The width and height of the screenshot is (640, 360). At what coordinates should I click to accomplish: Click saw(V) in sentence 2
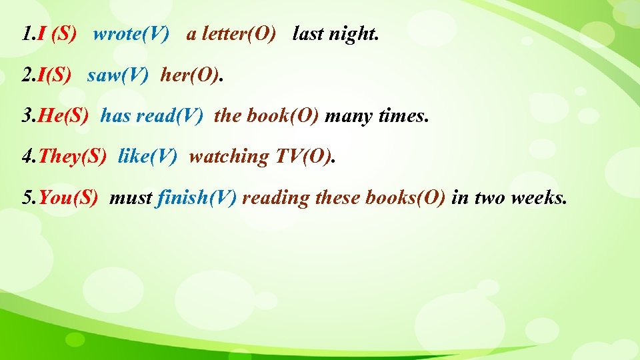pyautogui.click(x=117, y=75)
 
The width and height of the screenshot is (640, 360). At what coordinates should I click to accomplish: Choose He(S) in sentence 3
pyautogui.click(x=63, y=116)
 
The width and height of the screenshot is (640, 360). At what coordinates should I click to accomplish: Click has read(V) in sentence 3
pyautogui.click(x=152, y=116)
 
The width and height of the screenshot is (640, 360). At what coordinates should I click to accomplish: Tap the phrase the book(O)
pyautogui.click(x=267, y=116)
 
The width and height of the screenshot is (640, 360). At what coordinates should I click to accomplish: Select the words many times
pyautogui.click(x=377, y=116)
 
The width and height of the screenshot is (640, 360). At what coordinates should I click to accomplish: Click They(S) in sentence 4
pyautogui.click(x=73, y=157)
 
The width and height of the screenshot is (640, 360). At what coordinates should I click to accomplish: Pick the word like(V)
pyautogui.click(x=147, y=157)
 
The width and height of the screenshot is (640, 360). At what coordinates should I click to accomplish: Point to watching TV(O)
pyautogui.click(x=262, y=157)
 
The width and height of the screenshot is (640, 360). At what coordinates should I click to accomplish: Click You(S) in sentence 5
pyautogui.click(x=69, y=198)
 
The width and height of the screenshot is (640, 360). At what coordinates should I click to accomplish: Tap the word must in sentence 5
pyautogui.click(x=131, y=198)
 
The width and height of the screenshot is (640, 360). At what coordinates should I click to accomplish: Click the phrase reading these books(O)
pyautogui.click(x=343, y=198)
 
